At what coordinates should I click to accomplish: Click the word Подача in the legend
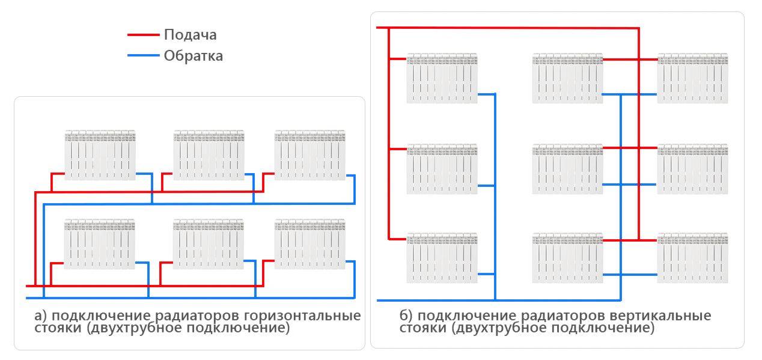[x=190, y=35]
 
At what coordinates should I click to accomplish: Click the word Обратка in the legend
[x=193, y=56]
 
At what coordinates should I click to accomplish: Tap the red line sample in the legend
[x=143, y=35]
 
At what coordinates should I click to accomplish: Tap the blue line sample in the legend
[x=143, y=56]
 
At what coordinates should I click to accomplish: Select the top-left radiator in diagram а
[x=100, y=154]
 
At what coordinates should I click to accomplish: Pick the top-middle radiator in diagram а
[x=209, y=154]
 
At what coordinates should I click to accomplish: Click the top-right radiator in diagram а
[x=310, y=154]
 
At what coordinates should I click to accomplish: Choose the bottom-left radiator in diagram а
[x=100, y=243]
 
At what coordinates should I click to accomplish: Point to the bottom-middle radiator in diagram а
[x=209, y=243]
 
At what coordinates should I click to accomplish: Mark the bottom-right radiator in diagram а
[x=310, y=243]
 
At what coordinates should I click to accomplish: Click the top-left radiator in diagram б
[x=442, y=78]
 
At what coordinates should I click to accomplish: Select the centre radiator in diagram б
[x=567, y=169]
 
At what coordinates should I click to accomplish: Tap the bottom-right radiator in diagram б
[x=692, y=258]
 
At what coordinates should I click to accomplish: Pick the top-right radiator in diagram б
[x=692, y=78]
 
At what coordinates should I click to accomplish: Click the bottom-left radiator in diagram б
[x=442, y=258]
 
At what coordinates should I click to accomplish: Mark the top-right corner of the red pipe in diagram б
[x=638, y=28]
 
